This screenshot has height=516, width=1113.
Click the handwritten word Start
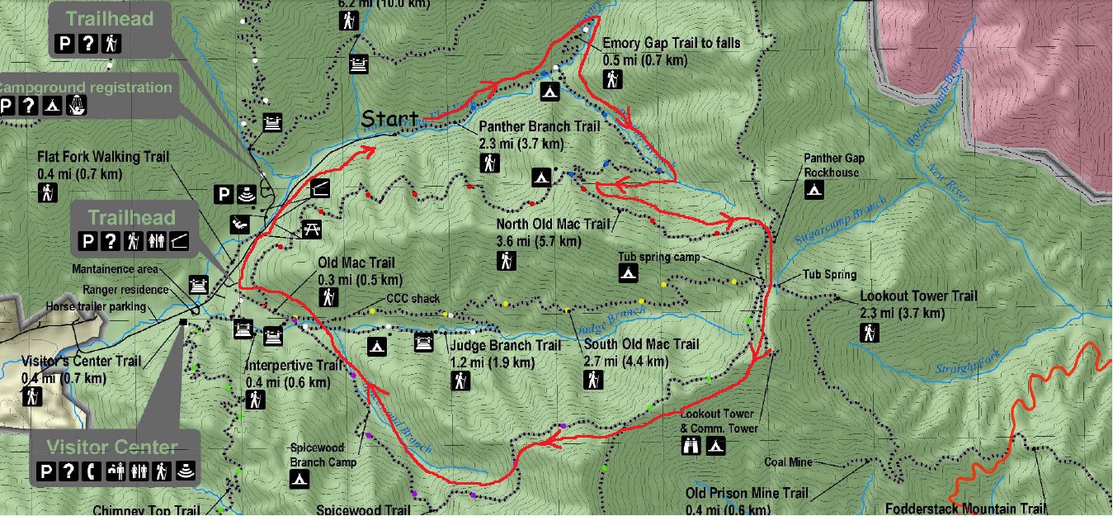[x=389, y=119]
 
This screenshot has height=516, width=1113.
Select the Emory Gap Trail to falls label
[x=671, y=43]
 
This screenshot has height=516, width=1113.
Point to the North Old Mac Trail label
[x=552, y=224]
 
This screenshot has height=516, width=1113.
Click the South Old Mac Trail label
[x=641, y=344]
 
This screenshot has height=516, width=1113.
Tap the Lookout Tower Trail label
[x=918, y=296]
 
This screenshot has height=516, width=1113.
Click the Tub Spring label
[x=829, y=275]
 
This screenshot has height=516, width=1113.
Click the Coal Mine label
[x=789, y=462]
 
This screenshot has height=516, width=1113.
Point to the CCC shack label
[x=413, y=299]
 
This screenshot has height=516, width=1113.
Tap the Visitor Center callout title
[x=111, y=447]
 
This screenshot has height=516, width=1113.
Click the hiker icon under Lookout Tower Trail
[x=869, y=333]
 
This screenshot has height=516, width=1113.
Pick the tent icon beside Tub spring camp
[x=628, y=273]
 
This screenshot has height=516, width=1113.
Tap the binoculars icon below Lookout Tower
[x=691, y=446]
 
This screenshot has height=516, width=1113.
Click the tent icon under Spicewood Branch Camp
[x=299, y=478]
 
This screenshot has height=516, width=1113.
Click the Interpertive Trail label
[x=293, y=366]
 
